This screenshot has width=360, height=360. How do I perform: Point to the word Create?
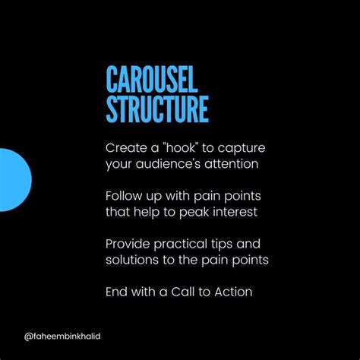[x=124, y=147]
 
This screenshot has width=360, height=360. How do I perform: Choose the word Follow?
[x=123, y=194]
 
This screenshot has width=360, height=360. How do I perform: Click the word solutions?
[x=133, y=260]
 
